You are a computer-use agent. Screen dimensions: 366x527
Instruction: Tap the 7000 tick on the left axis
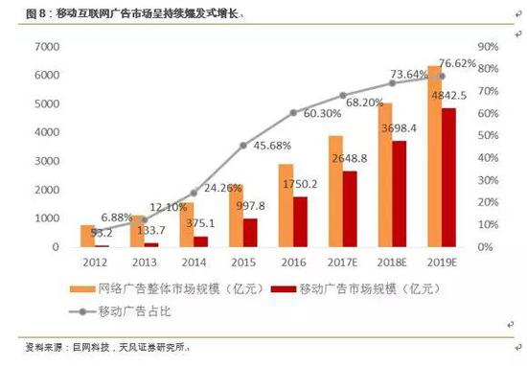point(45,47)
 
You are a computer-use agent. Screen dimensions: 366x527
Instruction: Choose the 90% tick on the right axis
point(489,47)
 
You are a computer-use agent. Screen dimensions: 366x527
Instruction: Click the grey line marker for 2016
point(293,112)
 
